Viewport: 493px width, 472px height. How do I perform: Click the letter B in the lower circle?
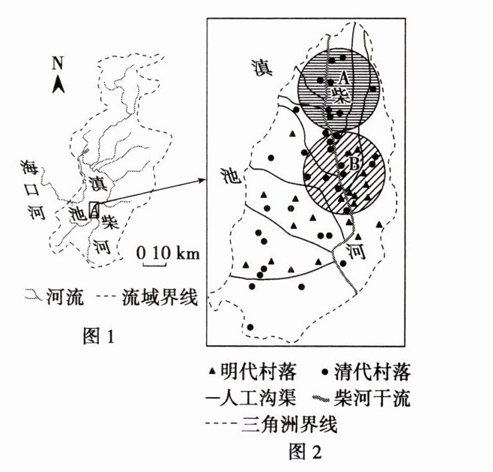(355, 161)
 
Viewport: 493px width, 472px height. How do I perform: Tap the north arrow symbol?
(58, 85)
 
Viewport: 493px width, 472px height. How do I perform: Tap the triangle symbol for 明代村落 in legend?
(213, 371)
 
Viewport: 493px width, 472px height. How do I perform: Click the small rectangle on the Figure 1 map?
(94, 211)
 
